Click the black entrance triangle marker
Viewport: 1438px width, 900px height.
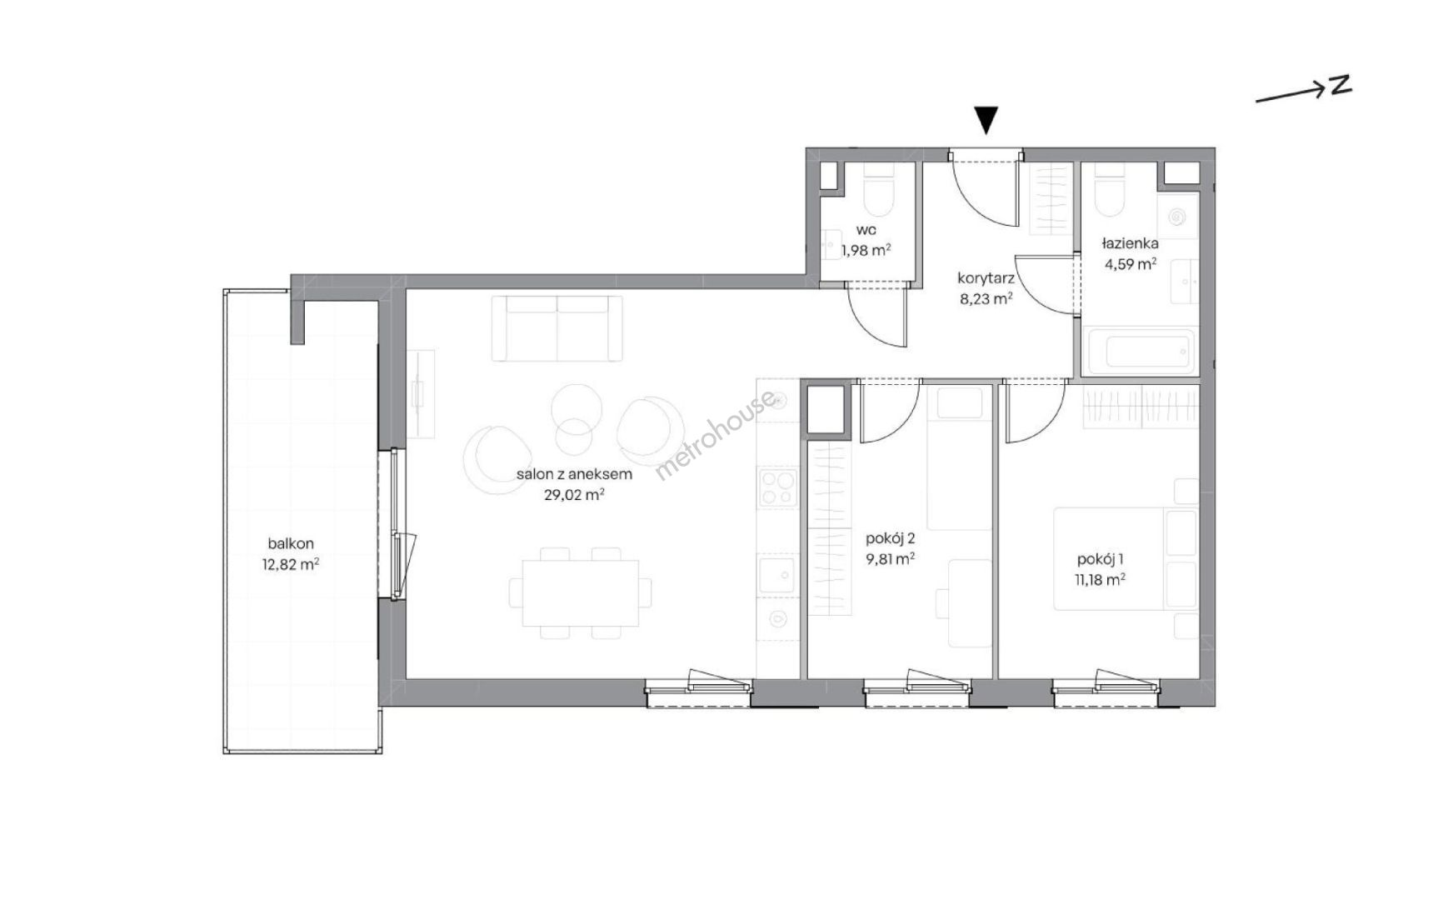pos(986,120)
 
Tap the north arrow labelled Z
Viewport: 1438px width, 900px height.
pos(1303,89)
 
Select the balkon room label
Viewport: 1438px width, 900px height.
pos(291,543)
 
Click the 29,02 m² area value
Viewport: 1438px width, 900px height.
pos(573,494)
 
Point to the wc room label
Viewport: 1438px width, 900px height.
pos(866,230)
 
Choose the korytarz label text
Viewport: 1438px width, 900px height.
pos(986,277)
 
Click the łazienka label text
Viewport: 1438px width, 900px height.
pos(1130,243)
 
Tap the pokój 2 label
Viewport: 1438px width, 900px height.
pos(891,538)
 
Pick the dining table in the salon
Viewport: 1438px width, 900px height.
pos(580,592)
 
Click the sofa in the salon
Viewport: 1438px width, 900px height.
pos(557,328)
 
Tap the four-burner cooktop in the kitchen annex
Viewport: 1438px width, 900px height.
pos(778,487)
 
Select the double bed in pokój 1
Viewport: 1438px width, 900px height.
pos(1126,558)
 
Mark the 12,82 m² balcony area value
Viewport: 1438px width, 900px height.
pos(291,564)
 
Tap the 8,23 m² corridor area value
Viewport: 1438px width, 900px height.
pos(986,298)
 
